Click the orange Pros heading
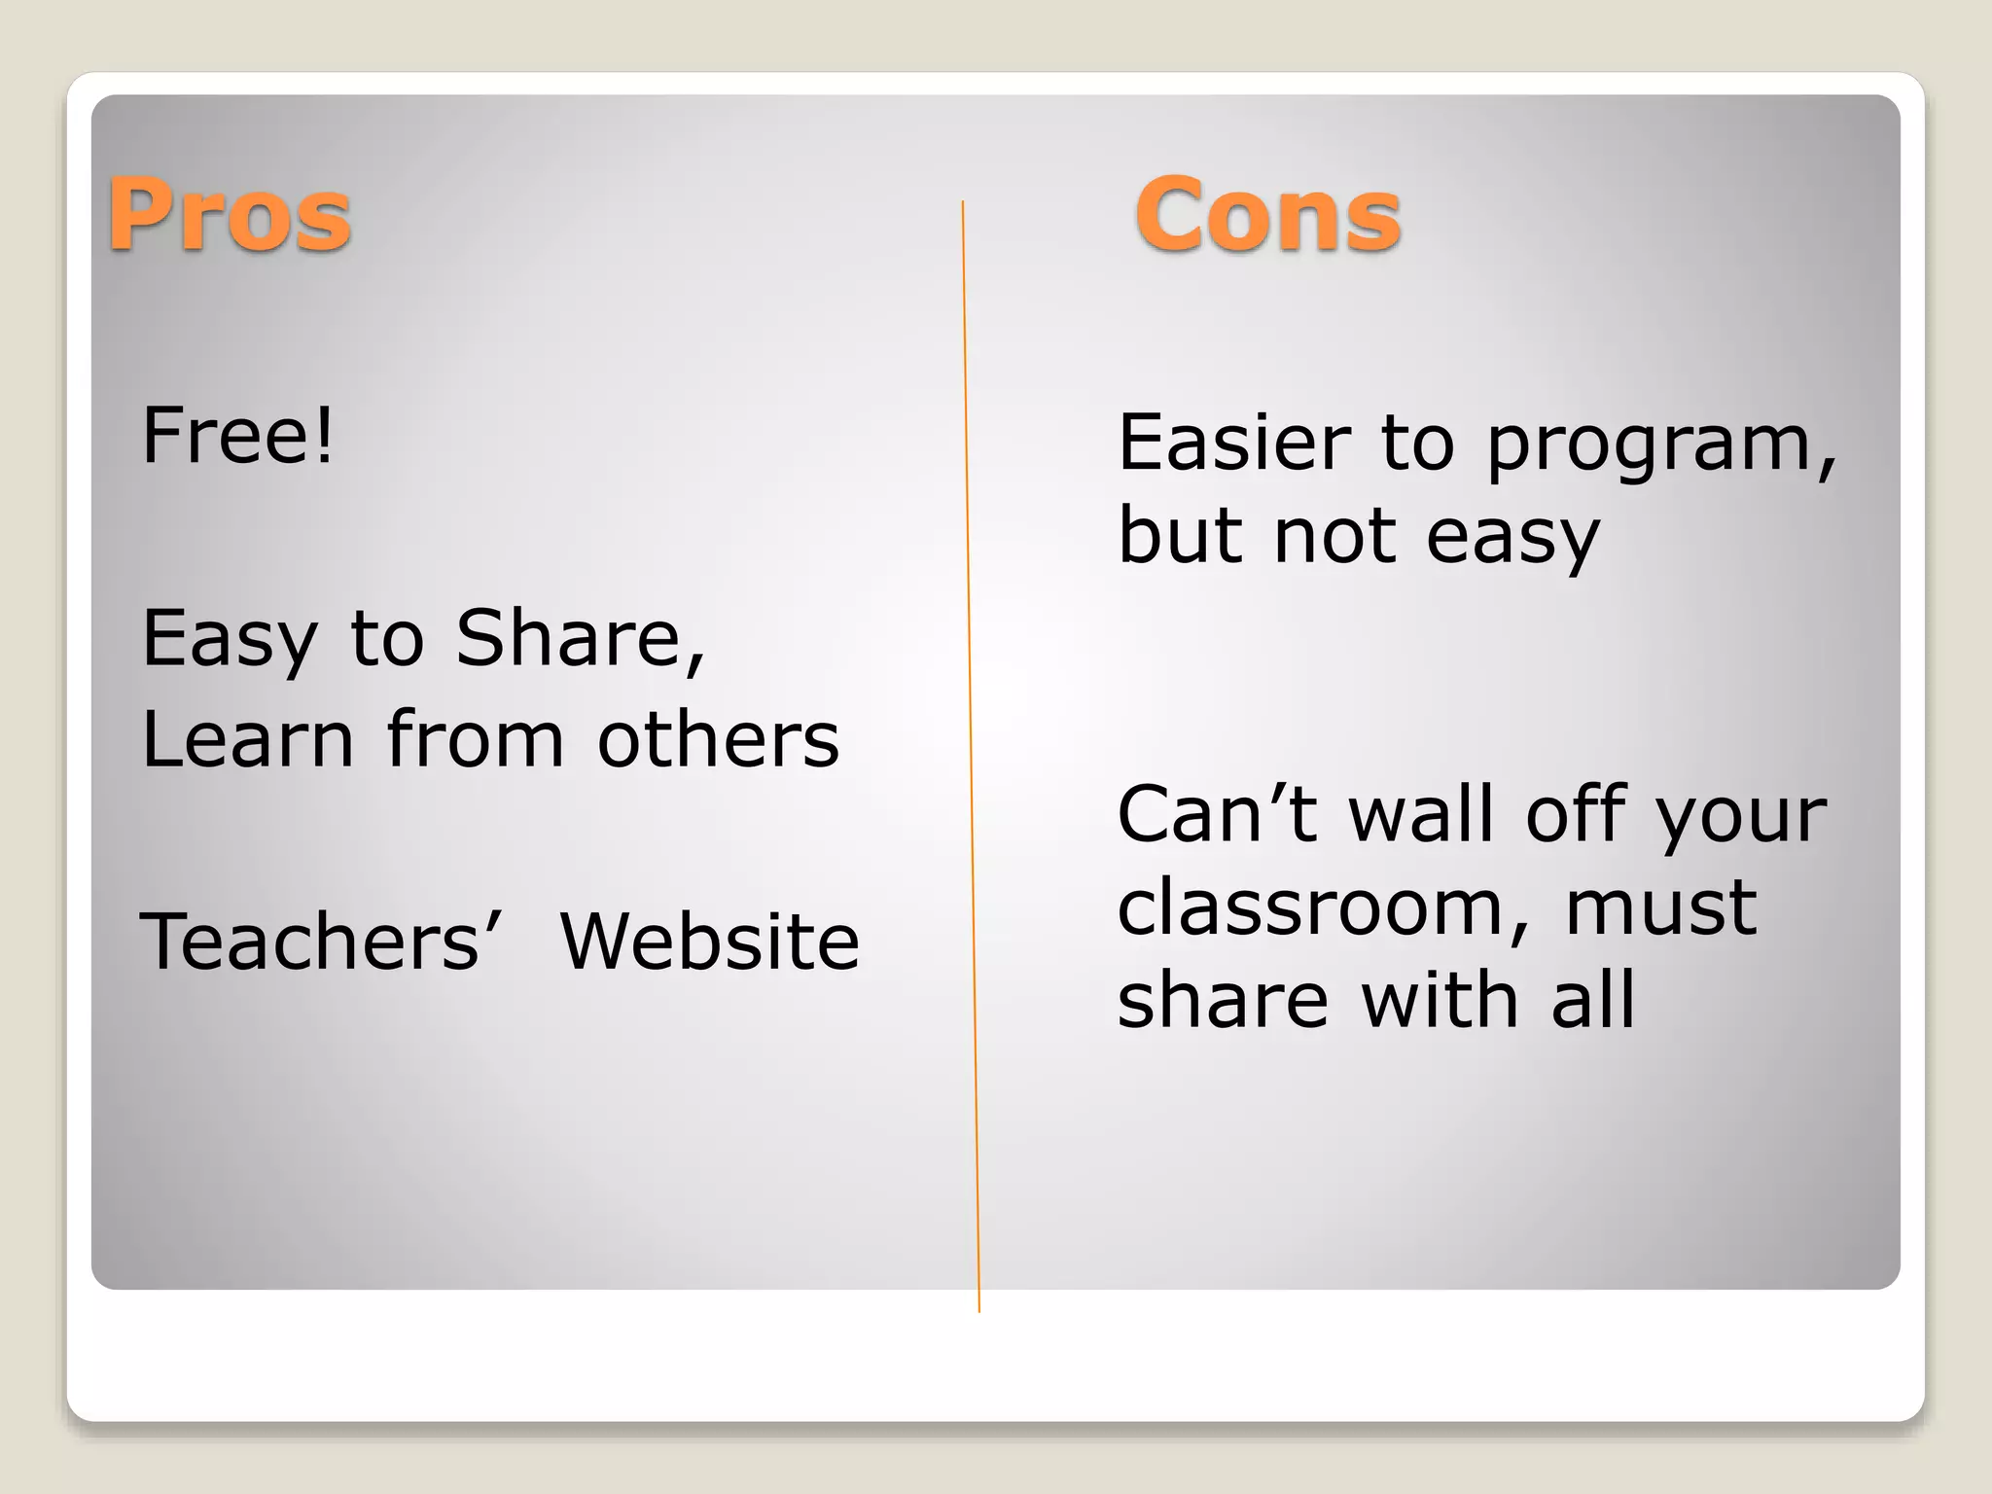(230, 215)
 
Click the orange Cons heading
(1267, 215)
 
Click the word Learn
(248, 739)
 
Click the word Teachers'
(321, 941)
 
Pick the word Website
(710, 941)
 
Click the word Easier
(1234, 443)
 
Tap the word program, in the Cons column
(1661, 447)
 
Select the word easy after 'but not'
(1512, 538)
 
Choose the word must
(1660, 907)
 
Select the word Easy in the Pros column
(230, 642)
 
